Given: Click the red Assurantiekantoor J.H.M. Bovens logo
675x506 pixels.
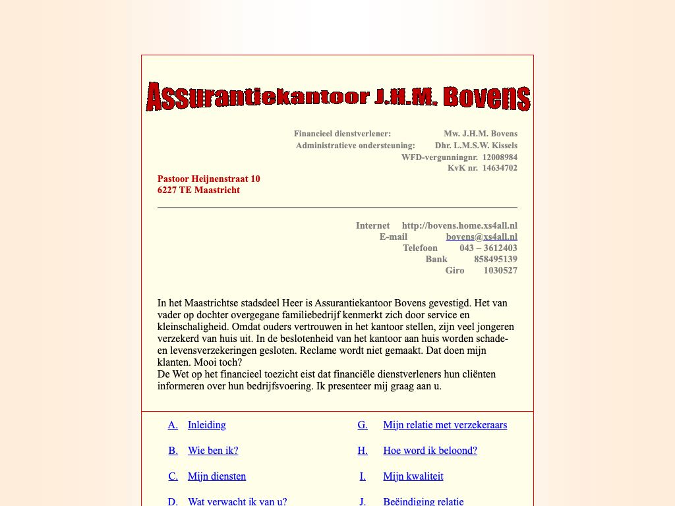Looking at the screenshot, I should [x=337, y=98].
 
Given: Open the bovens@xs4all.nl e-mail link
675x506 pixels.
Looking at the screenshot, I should [x=481, y=237].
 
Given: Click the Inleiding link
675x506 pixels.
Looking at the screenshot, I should [x=206, y=425].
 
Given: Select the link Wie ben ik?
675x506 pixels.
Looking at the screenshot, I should [x=213, y=451].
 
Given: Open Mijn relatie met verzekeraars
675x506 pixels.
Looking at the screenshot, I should [x=445, y=425].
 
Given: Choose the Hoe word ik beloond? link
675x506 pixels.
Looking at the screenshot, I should [x=430, y=451].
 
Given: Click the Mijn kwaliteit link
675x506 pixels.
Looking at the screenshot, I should [x=413, y=476].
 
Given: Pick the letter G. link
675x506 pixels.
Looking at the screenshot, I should [x=363, y=425].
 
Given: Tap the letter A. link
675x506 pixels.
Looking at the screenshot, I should [x=173, y=425].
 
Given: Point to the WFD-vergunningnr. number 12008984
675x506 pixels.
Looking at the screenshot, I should [x=500, y=157].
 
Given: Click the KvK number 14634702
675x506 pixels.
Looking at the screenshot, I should [x=500, y=168].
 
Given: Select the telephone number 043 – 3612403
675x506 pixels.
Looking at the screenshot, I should [x=488, y=248].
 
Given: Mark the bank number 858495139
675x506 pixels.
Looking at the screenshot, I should [x=496, y=259].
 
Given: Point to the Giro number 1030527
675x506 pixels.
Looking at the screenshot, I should [x=500, y=270].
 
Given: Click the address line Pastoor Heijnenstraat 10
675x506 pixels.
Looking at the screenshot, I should [x=208, y=179].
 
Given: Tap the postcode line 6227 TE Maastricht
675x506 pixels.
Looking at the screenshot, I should [x=198, y=190].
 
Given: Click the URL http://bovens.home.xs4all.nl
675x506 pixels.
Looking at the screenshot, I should [x=459, y=225].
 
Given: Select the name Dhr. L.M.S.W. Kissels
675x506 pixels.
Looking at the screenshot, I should [x=476, y=146].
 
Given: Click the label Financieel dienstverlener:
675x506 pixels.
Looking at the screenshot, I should [x=342, y=134].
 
